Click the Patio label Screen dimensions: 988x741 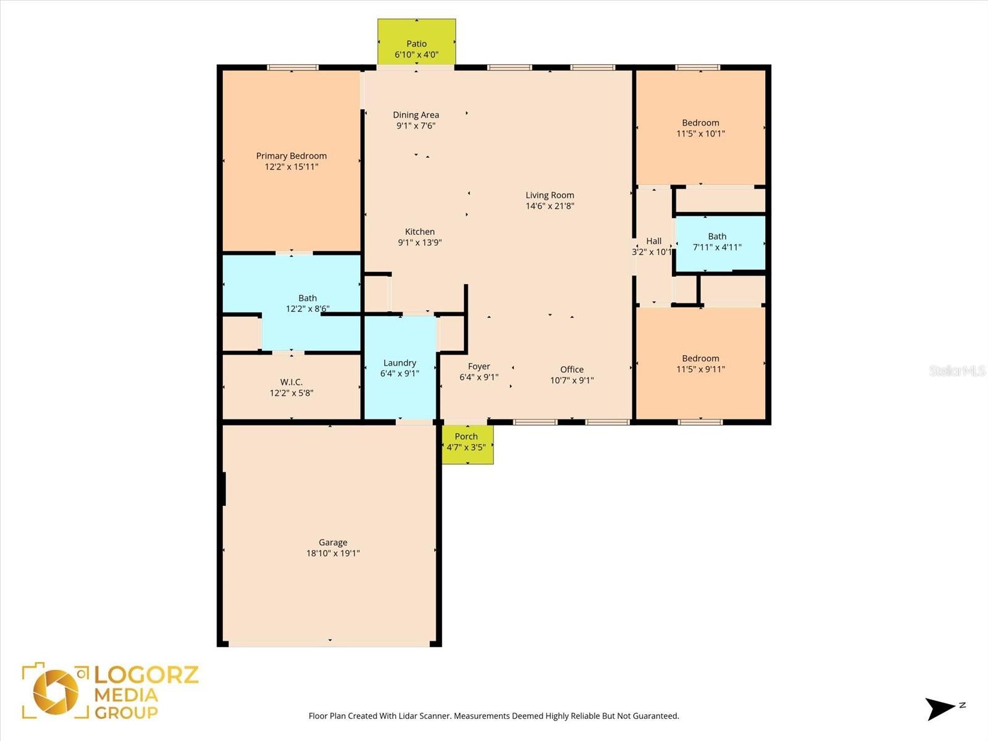[416, 44]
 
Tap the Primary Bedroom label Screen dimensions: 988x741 [291, 156]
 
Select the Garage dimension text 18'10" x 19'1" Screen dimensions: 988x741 [333, 553]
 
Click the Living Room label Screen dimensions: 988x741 [550, 195]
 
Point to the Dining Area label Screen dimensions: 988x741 [416, 115]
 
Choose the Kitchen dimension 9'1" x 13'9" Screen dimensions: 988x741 [419, 243]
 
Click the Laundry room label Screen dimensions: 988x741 [400, 363]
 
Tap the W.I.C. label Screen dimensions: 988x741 [291, 382]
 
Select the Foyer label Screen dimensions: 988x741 [479, 367]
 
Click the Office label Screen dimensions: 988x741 [572, 369]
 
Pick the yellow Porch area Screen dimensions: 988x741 [467, 445]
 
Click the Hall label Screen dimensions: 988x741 [653, 241]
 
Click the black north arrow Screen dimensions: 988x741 [940, 709]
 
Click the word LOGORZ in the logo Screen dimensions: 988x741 [146, 675]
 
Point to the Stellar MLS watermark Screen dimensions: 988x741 [957, 371]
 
